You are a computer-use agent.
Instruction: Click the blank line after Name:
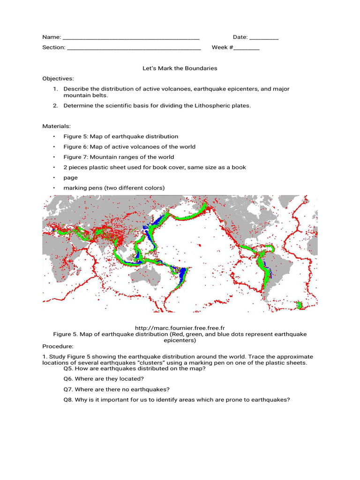click(x=131, y=37)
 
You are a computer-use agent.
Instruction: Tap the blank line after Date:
click(x=264, y=37)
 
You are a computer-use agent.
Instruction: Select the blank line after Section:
click(x=134, y=48)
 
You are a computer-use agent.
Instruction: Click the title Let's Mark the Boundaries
click(x=180, y=68)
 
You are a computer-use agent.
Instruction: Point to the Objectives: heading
click(x=58, y=79)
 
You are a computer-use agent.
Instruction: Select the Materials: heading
click(x=57, y=126)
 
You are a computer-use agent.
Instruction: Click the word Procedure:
click(x=58, y=346)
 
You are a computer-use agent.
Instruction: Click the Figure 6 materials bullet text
click(x=129, y=147)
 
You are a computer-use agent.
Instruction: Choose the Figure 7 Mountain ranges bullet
click(x=119, y=157)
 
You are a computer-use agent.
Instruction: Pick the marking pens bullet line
click(x=114, y=188)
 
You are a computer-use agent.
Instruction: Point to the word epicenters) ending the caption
click(x=180, y=340)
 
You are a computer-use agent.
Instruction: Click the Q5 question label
click(x=68, y=368)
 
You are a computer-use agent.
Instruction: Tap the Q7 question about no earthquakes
click(x=116, y=389)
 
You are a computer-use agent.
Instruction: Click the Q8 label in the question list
click(x=68, y=400)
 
